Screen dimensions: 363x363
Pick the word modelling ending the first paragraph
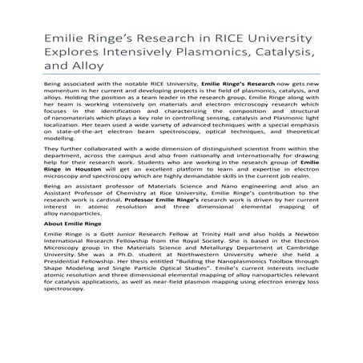45,161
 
